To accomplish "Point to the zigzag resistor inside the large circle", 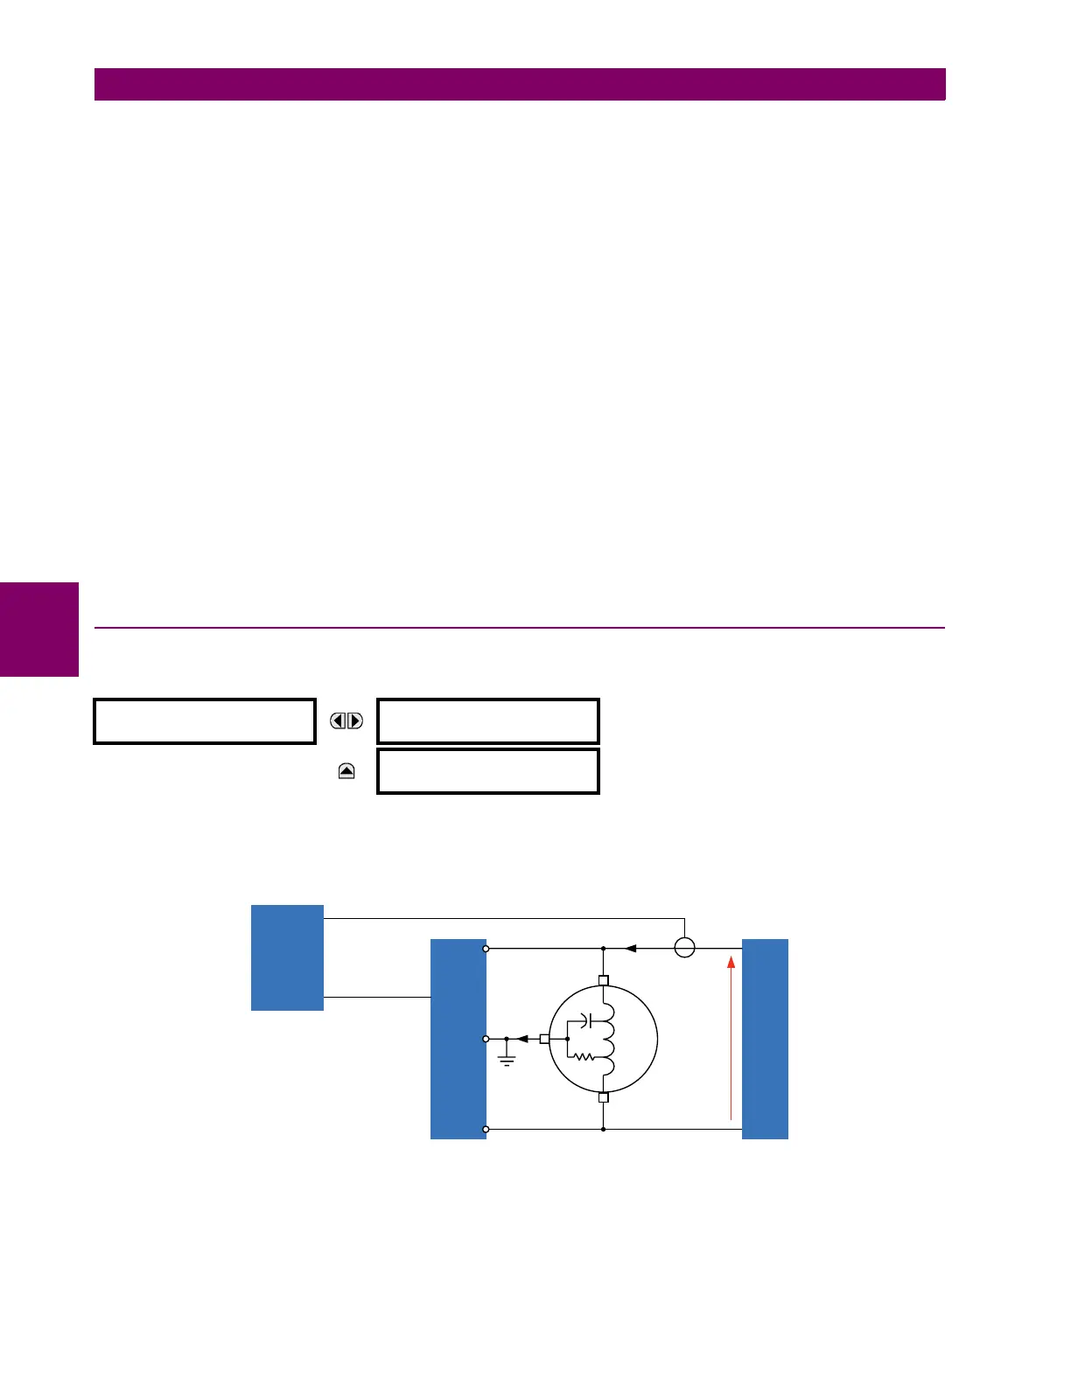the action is (583, 1056).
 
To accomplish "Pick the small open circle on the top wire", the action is (684, 948).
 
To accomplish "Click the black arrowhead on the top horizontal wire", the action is (631, 948).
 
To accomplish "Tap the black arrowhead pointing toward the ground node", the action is (521, 1039).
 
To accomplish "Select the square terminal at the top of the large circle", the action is (603, 980).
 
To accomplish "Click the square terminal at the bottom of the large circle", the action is (603, 1097).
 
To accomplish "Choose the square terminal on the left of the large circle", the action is (544, 1039).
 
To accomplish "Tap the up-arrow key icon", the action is (346, 771).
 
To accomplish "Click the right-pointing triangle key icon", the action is (355, 721).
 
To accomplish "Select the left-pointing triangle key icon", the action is (338, 721).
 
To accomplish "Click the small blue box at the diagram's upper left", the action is (287, 957).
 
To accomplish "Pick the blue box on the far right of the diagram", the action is (765, 1039).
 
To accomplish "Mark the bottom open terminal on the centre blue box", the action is (486, 1129).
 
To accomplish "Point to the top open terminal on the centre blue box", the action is (486, 948).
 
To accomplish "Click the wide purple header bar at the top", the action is (520, 85).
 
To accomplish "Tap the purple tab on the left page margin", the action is (39, 630).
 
